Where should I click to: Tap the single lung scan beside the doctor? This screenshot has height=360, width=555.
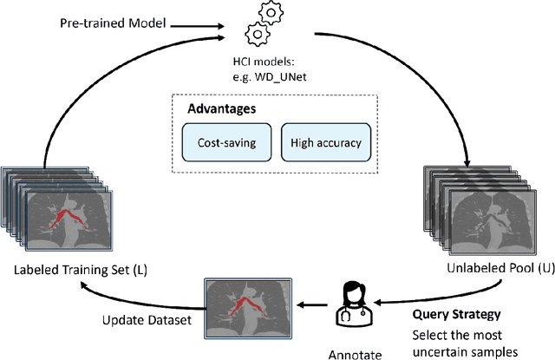pyautogui.click(x=247, y=305)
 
